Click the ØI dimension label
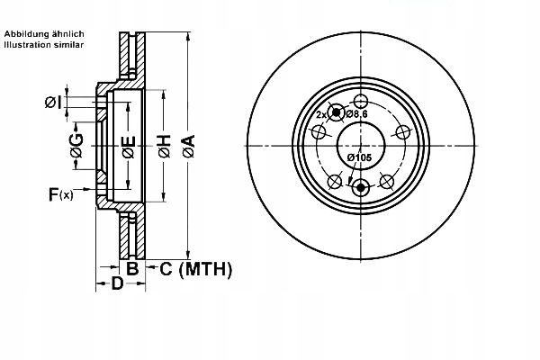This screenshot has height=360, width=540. tap(53, 103)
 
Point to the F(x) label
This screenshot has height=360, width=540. tap(61, 193)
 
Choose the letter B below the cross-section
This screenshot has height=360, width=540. tap(131, 268)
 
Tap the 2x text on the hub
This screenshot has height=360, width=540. tap(321, 116)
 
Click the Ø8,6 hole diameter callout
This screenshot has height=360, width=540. tap(358, 114)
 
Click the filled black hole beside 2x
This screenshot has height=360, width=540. tap(337, 112)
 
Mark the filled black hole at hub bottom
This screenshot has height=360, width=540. tap(361, 188)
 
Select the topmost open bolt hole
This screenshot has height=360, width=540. tap(361, 102)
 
